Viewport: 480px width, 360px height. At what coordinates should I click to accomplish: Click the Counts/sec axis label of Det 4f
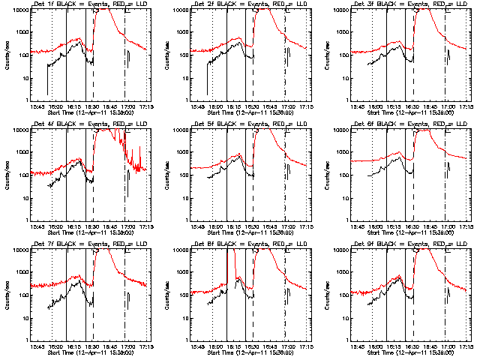[8, 175]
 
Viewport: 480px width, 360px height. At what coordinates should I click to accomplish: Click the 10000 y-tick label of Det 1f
[19, 10]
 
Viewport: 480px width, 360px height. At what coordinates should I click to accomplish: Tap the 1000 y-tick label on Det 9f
[345, 272]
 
